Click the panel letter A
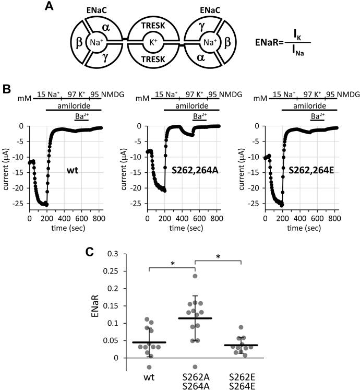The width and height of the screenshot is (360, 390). tap(49, 6)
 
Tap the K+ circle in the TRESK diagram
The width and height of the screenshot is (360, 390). tap(153, 42)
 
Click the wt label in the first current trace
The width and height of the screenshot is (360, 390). tap(73, 170)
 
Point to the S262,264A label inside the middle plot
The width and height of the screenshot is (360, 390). tap(195, 170)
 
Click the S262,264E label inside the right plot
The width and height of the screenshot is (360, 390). tap(311, 170)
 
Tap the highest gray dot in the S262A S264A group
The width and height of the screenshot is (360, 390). tap(195, 276)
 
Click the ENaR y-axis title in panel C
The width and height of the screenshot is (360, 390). tap(95, 306)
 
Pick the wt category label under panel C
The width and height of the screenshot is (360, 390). tap(149, 377)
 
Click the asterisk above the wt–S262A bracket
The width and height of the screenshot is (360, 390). tap(173, 264)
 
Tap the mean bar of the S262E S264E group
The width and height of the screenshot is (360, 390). tap(241, 345)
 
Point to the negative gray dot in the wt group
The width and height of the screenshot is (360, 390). tap(149, 367)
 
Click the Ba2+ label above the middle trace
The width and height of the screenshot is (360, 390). tap(200, 116)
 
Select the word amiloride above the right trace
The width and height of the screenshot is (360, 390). tap(309, 106)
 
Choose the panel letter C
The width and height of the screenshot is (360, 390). tap(90, 252)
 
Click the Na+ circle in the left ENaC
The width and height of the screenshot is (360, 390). tap(97, 42)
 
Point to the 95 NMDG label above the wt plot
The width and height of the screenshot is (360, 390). tap(107, 94)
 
